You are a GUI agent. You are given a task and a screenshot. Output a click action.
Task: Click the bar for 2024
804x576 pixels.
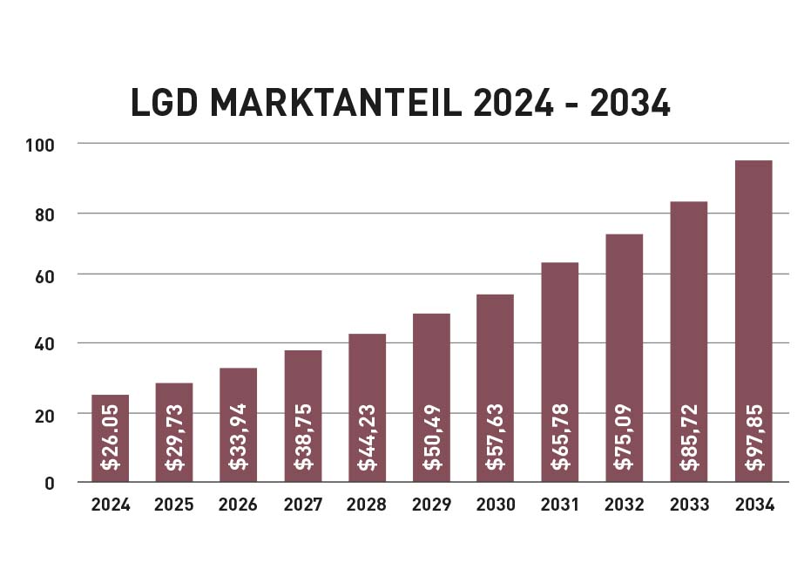pos(110,438)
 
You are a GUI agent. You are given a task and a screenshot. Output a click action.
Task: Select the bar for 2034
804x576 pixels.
pos(753,321)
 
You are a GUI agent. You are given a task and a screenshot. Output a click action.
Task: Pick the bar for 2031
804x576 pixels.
pos(560,372)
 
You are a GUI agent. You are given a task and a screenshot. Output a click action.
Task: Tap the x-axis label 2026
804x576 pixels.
pos(238,505)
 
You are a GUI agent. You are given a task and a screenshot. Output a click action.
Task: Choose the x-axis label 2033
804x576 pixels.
pos(689,505)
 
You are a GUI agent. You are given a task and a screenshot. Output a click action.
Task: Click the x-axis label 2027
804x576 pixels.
pos(302,505)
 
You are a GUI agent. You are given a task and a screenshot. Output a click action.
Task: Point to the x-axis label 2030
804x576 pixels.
pos(496,505)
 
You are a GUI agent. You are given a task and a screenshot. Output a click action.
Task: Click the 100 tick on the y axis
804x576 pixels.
pos(40,144)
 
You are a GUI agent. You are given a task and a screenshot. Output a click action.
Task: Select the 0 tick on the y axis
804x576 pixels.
pos(51,483)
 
